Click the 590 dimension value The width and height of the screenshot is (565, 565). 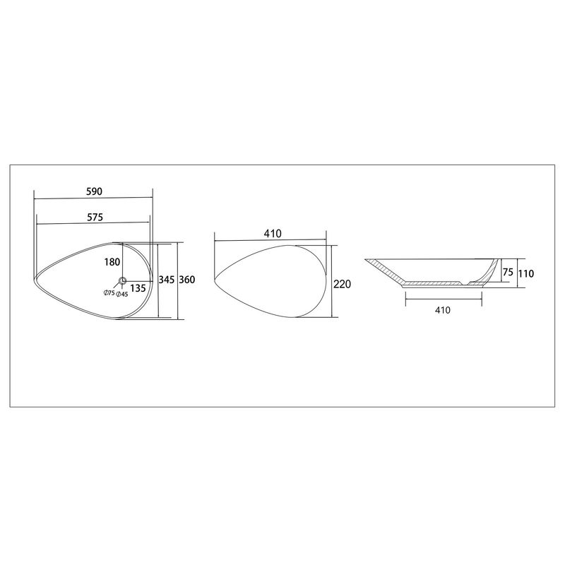[95, 191]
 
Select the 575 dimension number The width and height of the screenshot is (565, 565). [95, 217]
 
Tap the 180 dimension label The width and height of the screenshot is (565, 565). [112, 262]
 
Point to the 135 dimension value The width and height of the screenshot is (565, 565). [138, 288]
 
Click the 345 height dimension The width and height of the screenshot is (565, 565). [167, 279]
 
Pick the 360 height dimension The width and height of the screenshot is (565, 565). [187, 279]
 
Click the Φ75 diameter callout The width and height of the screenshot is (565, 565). [109, 293]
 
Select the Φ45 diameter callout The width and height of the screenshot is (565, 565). [122, 295]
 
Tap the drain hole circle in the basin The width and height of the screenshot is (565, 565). [122, 280]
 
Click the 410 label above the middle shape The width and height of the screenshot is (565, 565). [273, 234]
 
